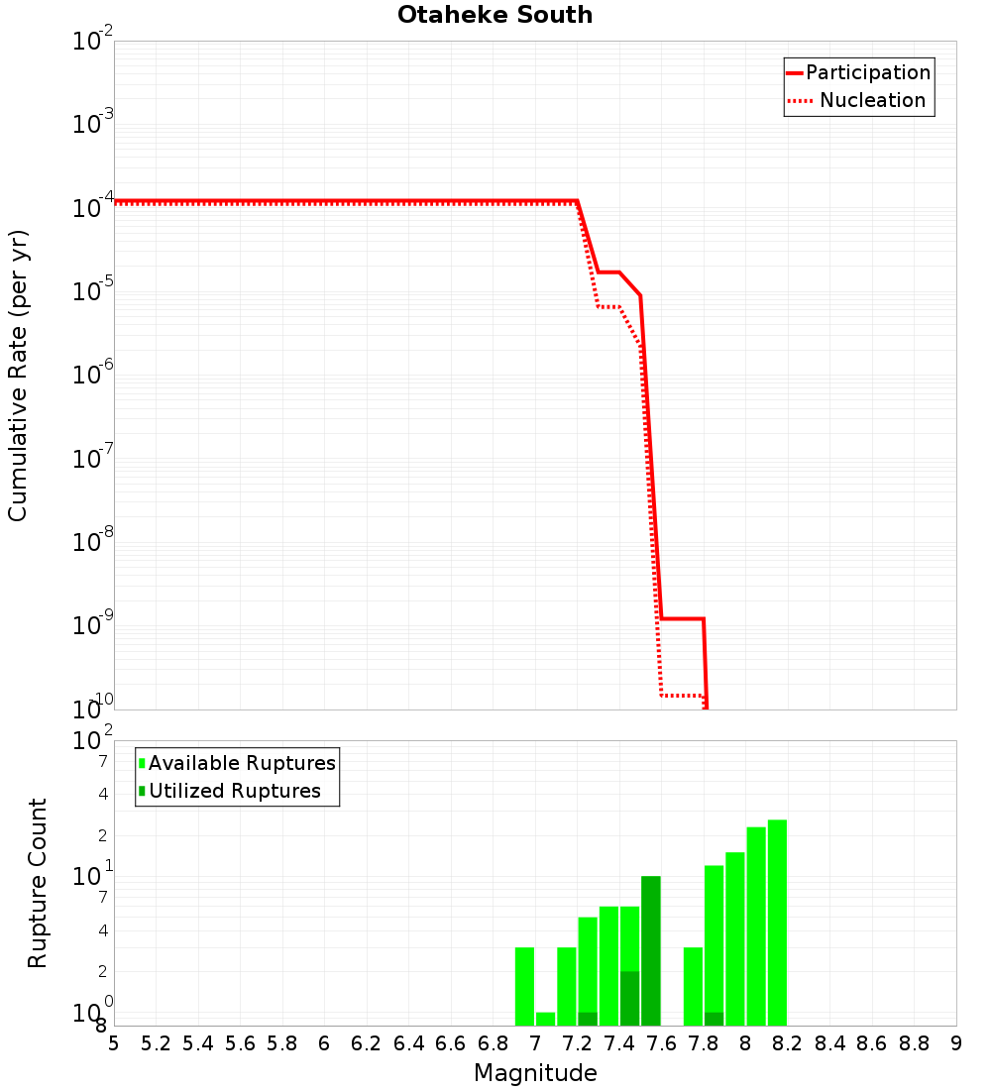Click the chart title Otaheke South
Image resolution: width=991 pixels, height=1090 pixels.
[x=495, y=15]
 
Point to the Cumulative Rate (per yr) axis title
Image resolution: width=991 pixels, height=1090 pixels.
[x=18, y=376]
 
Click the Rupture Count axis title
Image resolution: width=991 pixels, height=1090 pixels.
[x=38, y=883]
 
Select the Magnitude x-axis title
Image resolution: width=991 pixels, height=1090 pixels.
[x=535, y=1073]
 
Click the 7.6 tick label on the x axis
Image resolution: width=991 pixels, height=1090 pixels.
[x=661, y=1043]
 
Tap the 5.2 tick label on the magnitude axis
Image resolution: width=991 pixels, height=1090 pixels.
[x=156, y=1043]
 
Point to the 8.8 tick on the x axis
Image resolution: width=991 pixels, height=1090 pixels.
[x=914, y=1043]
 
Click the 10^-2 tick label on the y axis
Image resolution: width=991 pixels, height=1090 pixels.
[x=93, y=42]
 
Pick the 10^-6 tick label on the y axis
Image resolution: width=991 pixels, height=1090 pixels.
[x=93, y=376]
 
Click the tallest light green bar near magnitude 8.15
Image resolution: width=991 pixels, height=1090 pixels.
[x=777, y=922]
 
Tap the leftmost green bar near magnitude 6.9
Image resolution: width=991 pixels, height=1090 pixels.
[x=524, y=986]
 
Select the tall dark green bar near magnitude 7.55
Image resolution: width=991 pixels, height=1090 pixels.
[x=650, y=950]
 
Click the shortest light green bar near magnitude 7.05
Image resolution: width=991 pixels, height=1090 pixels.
[x=545, y=1019]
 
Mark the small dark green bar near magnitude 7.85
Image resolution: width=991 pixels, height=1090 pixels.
[x=714, y=1019]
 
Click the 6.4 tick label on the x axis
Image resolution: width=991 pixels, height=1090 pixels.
[x=408, y=1043]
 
